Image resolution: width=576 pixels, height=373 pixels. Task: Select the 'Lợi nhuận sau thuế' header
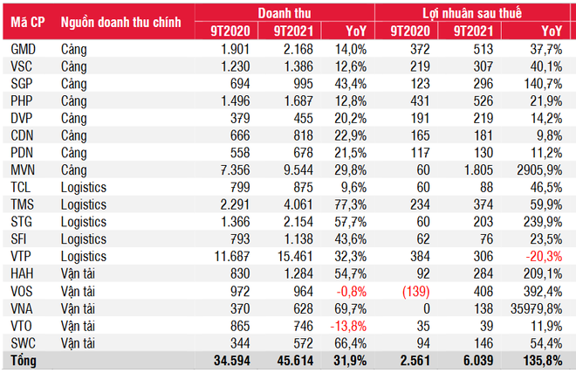pos(475,12)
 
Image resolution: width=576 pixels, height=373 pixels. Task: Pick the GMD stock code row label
pos(24,51)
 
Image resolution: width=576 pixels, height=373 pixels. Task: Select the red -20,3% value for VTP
pos(545,256)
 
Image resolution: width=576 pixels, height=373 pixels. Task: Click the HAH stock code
pos(23,273)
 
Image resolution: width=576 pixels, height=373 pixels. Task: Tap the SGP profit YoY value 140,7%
pos(544,85)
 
